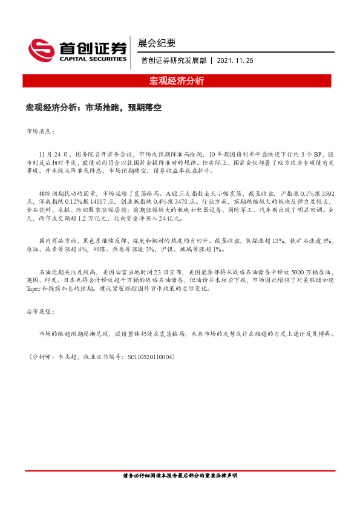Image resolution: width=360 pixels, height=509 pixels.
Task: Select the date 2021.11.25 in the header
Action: click(236, 61)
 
